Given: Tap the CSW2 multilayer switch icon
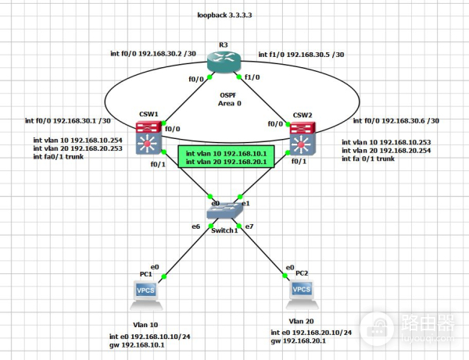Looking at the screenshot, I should click(x=302, y=141).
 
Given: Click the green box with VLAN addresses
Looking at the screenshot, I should click(x=224, y=157).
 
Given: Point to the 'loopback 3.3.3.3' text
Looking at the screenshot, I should click(x=226, y=15).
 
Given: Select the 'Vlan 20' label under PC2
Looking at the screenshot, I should click(x=303, y=321).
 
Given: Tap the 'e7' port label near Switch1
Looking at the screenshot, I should click(x=249, y=226).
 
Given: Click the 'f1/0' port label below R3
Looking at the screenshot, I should click(x=251, y=77).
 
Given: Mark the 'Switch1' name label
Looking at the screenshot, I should click(x=224, y=231).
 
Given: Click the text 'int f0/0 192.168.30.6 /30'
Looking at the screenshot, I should click(x=396, y=121).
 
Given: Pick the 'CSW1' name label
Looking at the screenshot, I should click(x=150, y=114).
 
